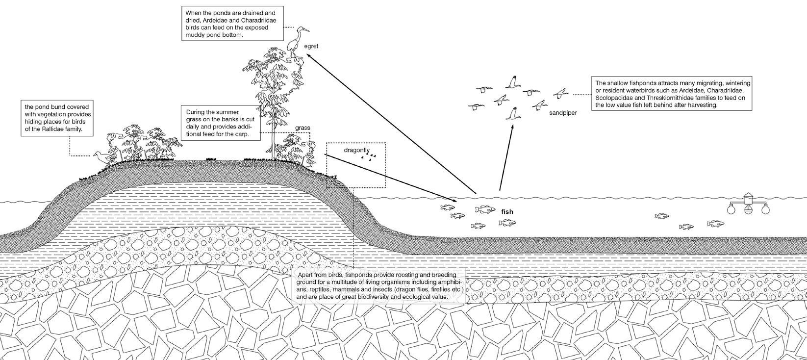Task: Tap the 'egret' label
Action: pos(311,46)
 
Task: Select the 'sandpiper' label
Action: pos(563,113)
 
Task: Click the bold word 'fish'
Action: pos(507,212)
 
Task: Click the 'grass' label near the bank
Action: pos(303,128)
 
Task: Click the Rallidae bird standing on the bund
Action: pos(101,157)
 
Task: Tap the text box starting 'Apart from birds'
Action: pos(378,286)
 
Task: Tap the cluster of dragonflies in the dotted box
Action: pos(370,157)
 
